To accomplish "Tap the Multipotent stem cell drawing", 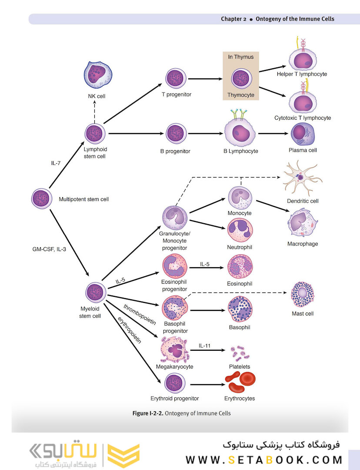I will pyautogui.click(x=43, y=199).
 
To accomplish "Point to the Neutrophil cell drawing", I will pyautogui.click(x=240, y=231).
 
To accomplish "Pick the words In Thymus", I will pyautogui.click(x=240, y=57).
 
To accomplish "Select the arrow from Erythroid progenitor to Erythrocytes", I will pyautogui.click(x=207, y=385).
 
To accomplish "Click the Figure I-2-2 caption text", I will pyautogui.click(x=181, y=413).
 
